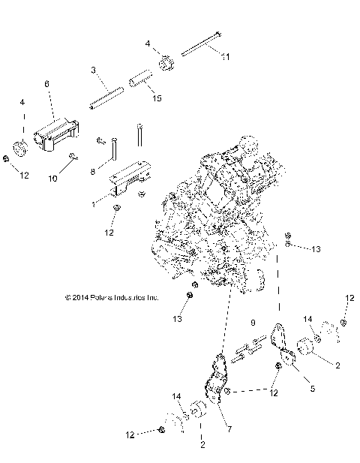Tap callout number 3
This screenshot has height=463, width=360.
tap(94, 70)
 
